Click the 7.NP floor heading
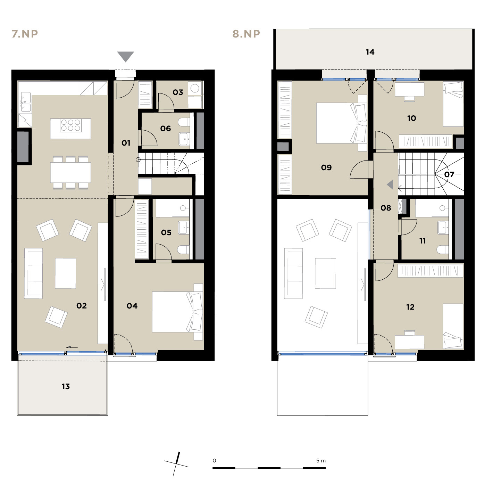tap(25, 34)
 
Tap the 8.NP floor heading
tap(246, 34)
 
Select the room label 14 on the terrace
tap(370, 52)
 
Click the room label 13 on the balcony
tap(66, 387)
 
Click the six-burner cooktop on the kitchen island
tap(70, 125)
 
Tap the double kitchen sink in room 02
tap(25, 102)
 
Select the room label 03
tap(178, 92)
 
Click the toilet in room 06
tap(184, 122)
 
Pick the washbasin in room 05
tap(184, 228)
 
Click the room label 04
tap(132, 306)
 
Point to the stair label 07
tap(449, 174)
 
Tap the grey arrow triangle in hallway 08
tap(390, 185)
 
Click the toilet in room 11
tap(443, 249)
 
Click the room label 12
tap(410, 307)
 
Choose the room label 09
tap(326, 168)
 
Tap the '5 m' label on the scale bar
tap(321, 461)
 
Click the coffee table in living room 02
tap(66, 273)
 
